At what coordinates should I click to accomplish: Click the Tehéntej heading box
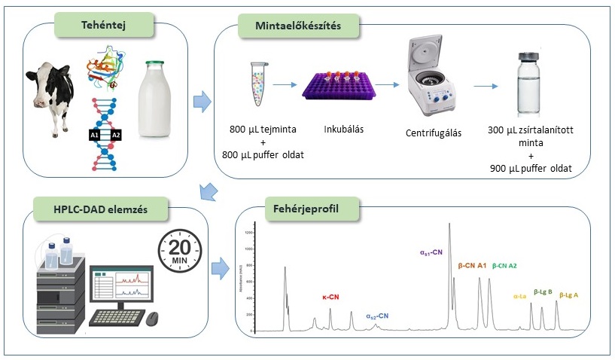pos(102,26)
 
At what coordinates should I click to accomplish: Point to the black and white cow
pos(53,99)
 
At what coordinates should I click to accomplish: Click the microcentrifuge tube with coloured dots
pos(257,83)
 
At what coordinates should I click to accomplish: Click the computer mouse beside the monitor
pos(154,318)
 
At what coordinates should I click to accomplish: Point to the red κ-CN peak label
pos(330,297)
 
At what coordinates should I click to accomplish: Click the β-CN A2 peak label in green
pos(504,266)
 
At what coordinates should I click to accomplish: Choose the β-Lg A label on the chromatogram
pos(566,294)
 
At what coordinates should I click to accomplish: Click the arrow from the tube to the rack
pos(285,85)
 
